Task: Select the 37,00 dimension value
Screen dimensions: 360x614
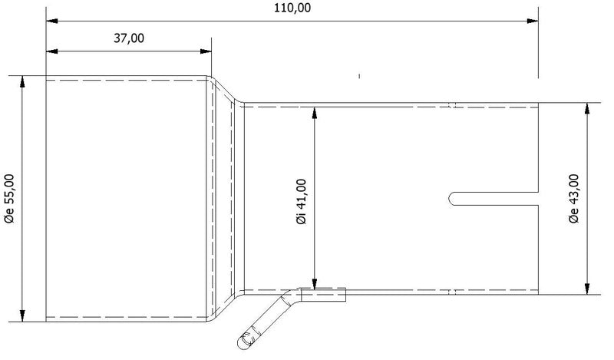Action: tap(127, 38)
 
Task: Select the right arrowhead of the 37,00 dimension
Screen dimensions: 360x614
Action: tap(207, 52)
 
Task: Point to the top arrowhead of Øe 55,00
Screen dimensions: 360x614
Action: tap(23, 81)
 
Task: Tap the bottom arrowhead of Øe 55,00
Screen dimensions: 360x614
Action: tap(23, 315)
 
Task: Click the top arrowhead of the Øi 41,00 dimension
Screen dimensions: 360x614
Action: tap(315, 112)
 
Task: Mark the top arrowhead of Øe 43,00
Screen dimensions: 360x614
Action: tap(587, 108)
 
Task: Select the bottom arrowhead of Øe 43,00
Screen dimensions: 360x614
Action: tap(587, 289)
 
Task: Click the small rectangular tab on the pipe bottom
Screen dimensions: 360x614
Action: tap(324, 292)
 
